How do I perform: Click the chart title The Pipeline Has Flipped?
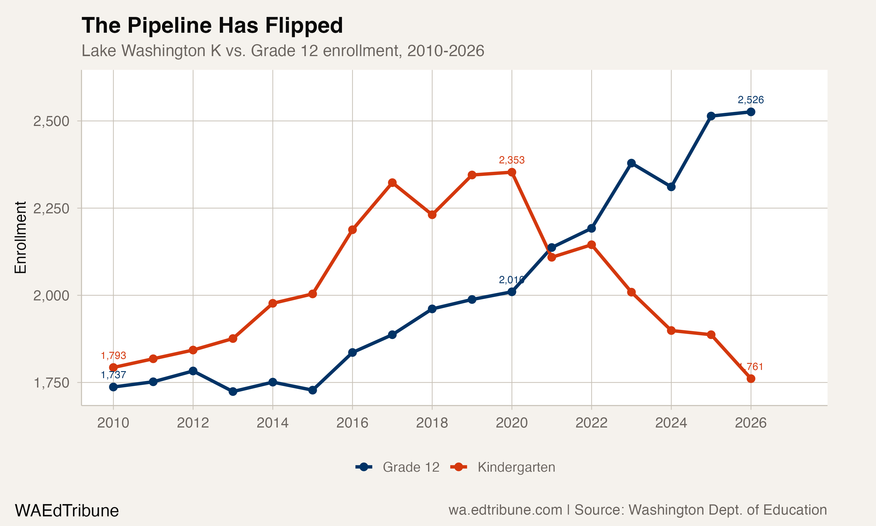coord(212,25)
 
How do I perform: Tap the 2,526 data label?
coord(750,100)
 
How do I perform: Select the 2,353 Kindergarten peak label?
coord(511,160)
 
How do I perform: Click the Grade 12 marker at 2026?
coord(751,112)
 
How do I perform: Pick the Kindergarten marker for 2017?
coord(392,183)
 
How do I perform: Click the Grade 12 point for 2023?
coord(631,163)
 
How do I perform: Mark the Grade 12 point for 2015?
coord(312,390)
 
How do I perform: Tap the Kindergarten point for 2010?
coord(113,367)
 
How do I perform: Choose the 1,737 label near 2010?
coord(113,375)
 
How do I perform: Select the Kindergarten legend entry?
coord(503,467)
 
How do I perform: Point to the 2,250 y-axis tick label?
coord(51,208)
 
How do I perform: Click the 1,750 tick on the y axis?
coord(51,383)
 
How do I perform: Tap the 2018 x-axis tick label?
coord(432,423)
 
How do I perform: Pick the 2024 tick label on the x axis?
coord(671,423)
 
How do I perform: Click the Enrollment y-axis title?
coord(20,238)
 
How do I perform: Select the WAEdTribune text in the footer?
coord(67,511)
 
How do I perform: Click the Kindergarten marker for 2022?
coord(591,245)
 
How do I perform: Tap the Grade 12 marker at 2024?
coord(671,187)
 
